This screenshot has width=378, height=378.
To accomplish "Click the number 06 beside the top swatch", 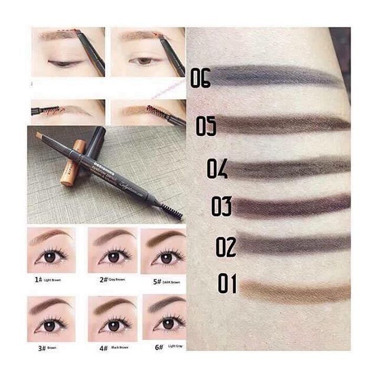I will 200,78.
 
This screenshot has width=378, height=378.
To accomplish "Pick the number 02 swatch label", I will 226,246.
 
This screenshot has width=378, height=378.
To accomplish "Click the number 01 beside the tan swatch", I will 227,283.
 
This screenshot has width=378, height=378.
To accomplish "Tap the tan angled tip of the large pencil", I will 40,137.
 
